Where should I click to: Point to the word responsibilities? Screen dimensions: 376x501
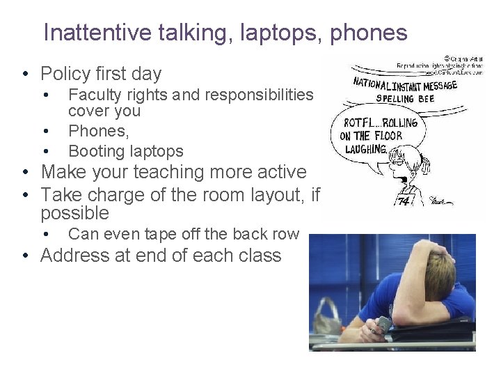pos(255,94)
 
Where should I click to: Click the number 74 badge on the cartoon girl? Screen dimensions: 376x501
pos(404,201)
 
